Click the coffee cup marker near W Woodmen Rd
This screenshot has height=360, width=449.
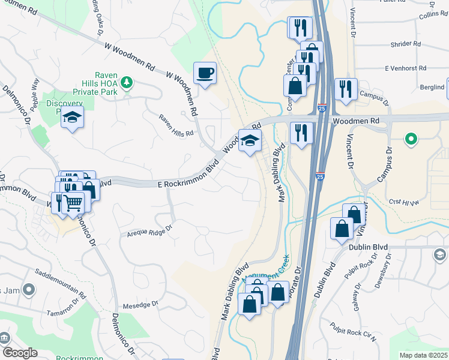pos(205,73)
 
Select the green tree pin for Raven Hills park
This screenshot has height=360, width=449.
pos(127,82)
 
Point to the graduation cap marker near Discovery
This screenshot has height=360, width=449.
pos(72,118)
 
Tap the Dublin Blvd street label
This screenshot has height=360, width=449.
pos(368,247)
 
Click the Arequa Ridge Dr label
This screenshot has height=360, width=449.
pos(149,229)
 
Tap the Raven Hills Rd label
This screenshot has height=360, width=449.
pos(176,125)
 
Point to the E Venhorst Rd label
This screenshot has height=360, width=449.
pos(405,68)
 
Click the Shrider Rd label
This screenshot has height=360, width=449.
pos(406,44)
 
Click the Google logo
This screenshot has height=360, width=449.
pos(19,353)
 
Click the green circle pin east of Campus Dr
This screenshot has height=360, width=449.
pos(411,140)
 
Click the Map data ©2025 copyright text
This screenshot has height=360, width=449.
pos(423,355)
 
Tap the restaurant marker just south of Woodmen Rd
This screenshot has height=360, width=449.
pos(301,132)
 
